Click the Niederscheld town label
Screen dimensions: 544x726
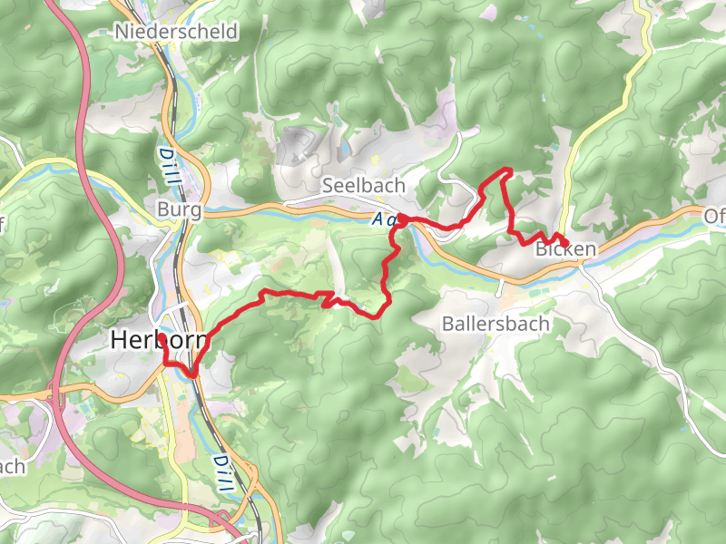(176, 32)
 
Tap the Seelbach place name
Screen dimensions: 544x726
(363, 185)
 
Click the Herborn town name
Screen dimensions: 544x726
(160, 340)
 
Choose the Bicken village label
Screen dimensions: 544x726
(565, 249)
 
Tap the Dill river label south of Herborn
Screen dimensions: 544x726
(221, 473)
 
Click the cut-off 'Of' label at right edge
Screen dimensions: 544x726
(715, 217)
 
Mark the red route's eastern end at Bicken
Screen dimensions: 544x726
(566, 241)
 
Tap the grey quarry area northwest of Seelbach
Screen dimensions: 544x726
(295, 145)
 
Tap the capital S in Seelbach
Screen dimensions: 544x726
(329, 185)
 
